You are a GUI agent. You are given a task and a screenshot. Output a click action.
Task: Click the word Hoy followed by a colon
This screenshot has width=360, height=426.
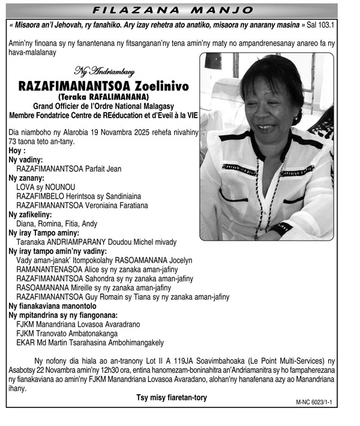pyautogui.click(x=17, y=151)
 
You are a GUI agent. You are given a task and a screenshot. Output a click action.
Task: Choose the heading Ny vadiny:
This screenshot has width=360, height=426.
pyautogui.click(x=26, y=160)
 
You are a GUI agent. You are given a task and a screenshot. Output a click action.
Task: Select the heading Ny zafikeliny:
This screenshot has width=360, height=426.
pyautogui.click(x=30, y=214)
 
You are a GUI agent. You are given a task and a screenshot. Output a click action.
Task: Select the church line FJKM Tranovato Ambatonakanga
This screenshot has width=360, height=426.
pyautogui.click(x=67, y=333)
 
